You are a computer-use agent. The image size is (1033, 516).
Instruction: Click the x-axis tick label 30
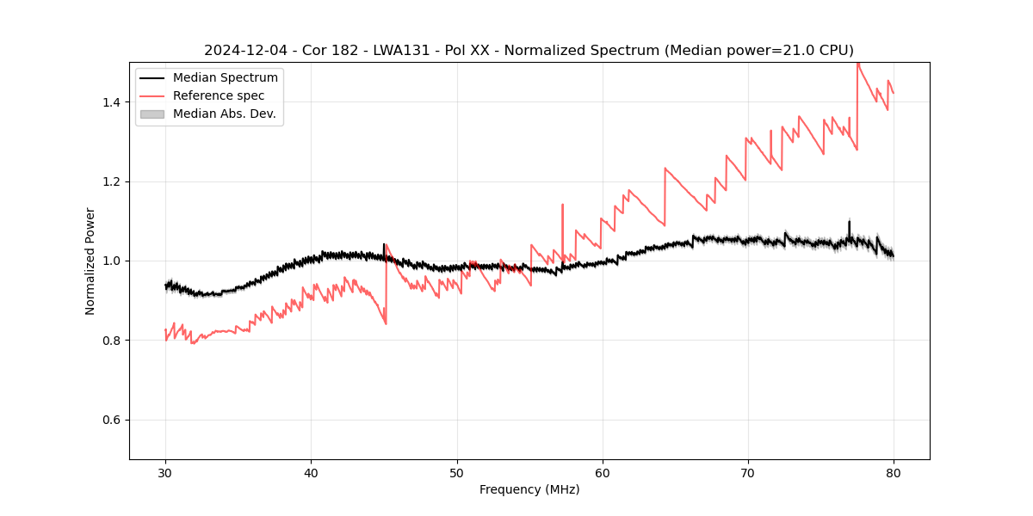tap(165, 472)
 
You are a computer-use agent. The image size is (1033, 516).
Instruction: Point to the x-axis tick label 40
tap(311, 472)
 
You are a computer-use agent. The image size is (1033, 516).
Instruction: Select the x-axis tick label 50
tap(457, 472)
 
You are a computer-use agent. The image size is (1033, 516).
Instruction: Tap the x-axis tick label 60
tap(603, 472)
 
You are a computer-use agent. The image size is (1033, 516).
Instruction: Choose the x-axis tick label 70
tap(748, 472)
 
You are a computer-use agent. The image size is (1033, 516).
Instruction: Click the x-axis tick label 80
tap(894, 472)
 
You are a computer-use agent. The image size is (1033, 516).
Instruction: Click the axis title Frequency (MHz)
tap(529, 489)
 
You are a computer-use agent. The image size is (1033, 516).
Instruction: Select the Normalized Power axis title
tap(90, 261)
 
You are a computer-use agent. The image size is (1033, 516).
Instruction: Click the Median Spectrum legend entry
tap(225, 78)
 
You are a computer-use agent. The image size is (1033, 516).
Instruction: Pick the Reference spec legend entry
tap(219, 95)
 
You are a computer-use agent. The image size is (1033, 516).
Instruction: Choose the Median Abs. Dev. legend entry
tap(224, 114)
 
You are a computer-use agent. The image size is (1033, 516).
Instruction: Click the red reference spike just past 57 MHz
tap(562, 206)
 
